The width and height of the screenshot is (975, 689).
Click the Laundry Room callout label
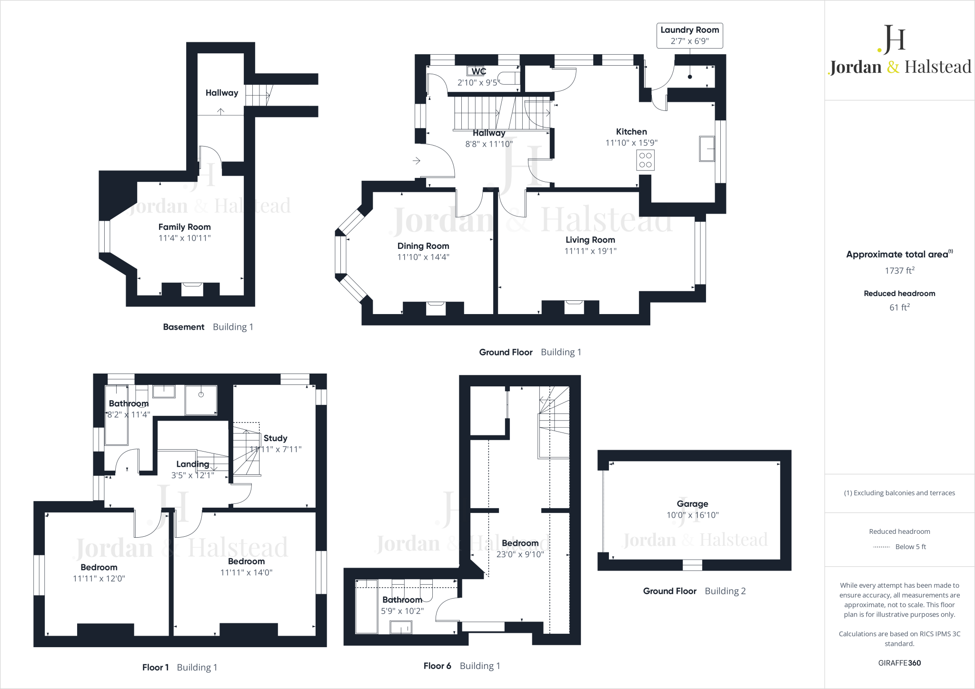(x=689, y=35)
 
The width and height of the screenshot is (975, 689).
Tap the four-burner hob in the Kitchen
(x=645, y=160)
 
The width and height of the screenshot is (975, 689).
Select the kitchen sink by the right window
(x=706, y=148)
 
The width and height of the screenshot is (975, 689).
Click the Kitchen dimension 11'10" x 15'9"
(x=631, y=143)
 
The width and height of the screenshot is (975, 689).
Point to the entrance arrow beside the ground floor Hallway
(x=417, y=161)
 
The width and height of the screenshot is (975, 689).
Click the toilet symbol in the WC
(x=508, y=79)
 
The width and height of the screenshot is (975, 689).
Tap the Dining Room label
(x=423, y=246)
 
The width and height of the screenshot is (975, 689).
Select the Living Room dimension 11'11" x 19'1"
(x=590, y=251)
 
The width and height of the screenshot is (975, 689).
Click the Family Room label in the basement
(x=184, y=227)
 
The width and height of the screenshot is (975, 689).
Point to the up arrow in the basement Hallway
(x=221, y=111)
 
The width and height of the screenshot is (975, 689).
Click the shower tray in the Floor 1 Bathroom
(x=201, y=400)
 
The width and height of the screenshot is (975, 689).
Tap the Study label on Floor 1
(x=275, y=438)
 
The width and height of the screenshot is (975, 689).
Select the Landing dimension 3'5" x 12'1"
(x=193, y=475)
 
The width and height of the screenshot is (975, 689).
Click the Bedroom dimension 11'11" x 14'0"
(x=246, y=573)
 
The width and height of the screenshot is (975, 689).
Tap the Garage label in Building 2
(x=692, y=504)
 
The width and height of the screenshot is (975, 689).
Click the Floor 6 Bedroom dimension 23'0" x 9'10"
(x=520, y=554)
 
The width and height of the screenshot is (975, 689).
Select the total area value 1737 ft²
(x=899, y=271)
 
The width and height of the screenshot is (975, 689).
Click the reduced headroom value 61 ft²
(x=899, y=307)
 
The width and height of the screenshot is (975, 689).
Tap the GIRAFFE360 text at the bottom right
(x=899, y=663)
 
